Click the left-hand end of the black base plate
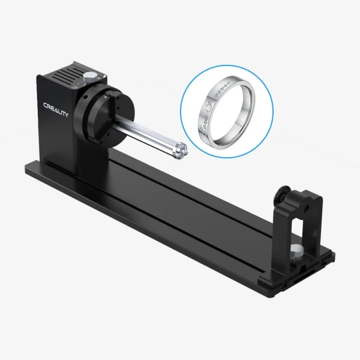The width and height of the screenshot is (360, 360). pyautogui.click(x=36, y=171)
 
